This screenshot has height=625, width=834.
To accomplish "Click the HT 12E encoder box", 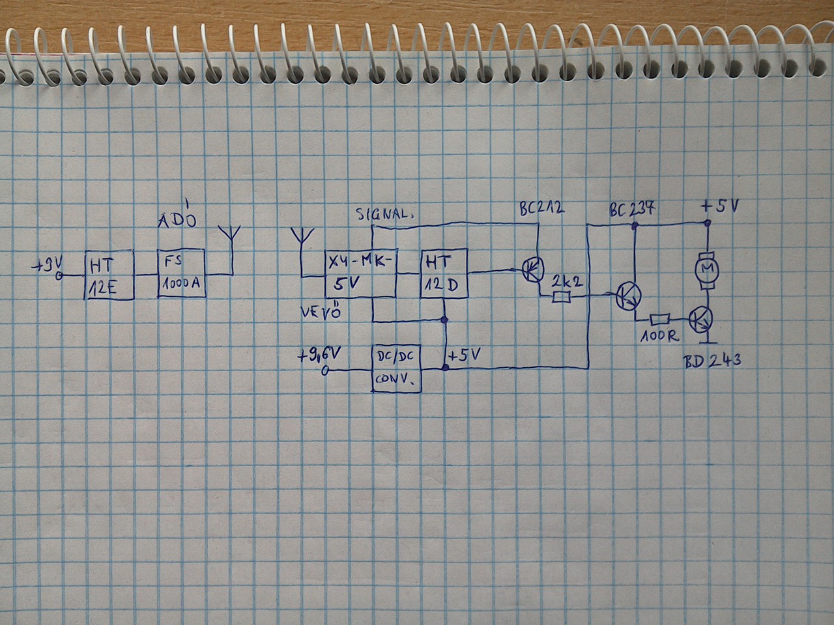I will tap(109, 275).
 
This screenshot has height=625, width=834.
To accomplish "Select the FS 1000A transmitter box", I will tap(182, 273).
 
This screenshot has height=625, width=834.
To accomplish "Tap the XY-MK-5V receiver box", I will tap(360, 273).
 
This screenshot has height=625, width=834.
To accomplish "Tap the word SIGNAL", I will tap(384, 214).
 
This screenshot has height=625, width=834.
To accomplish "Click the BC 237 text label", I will tap(632, 210).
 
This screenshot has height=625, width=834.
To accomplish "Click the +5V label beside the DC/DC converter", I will tap(465, 355).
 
